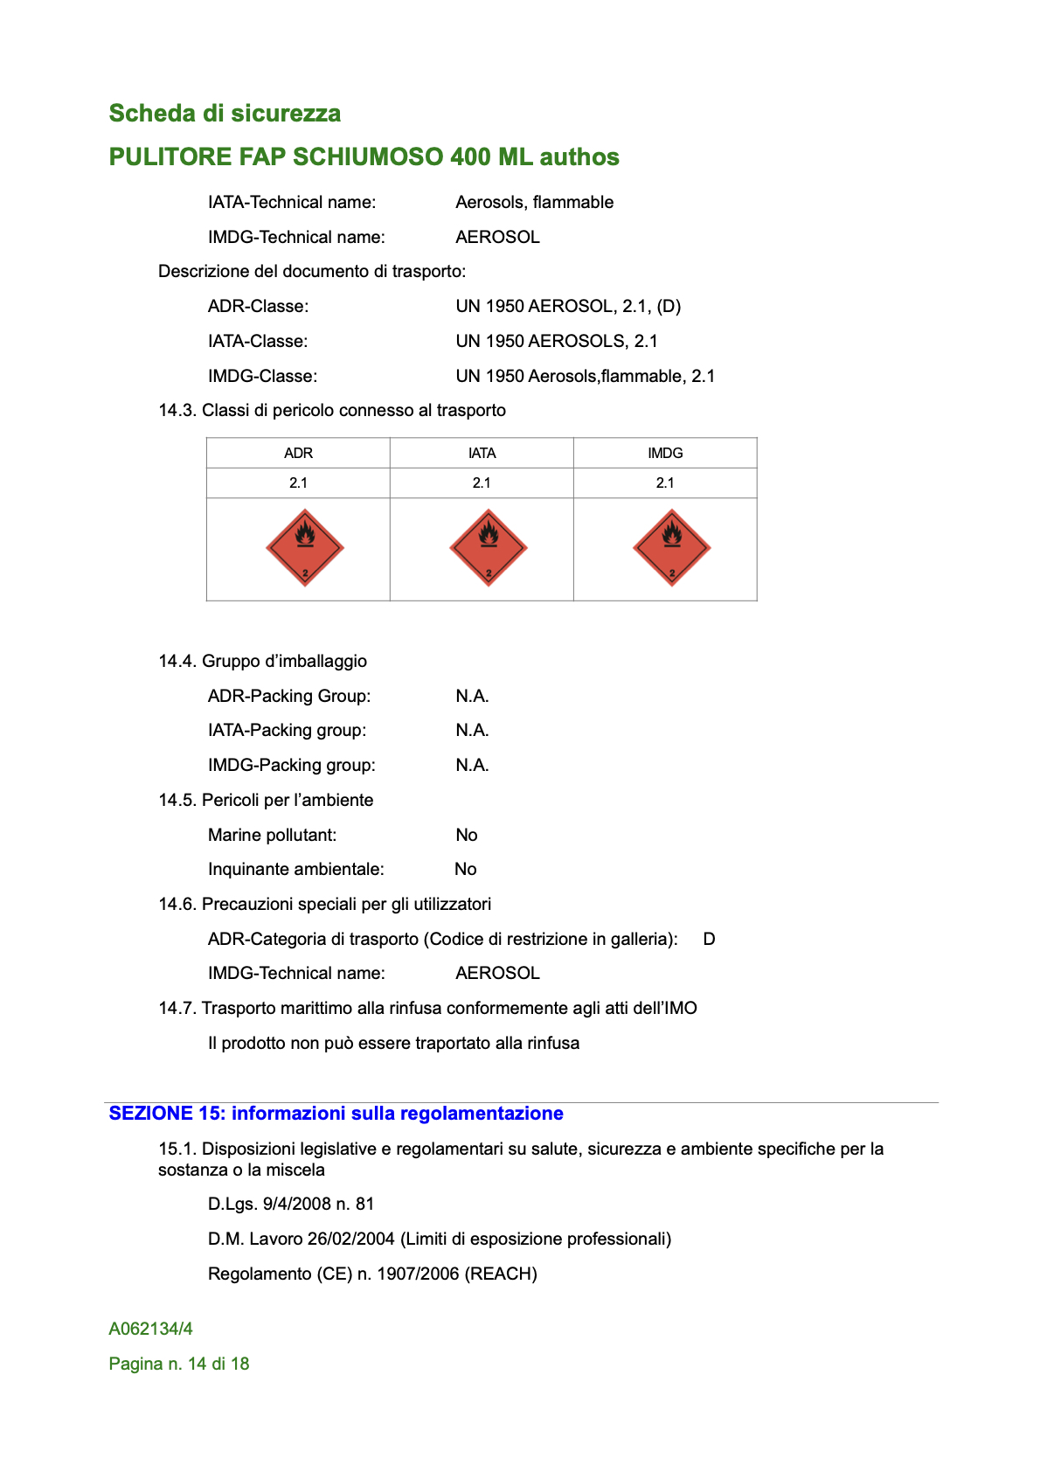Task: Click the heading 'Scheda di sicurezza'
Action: click(225, 114)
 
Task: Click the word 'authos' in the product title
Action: click(579, 157)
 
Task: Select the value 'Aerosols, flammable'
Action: click(534, 203)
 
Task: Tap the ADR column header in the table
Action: click(298, 453)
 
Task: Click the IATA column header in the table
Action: click(482, 453)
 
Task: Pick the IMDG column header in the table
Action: click(665, 453)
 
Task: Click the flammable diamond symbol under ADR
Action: click(305, 548)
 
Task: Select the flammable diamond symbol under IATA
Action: click(489, 548)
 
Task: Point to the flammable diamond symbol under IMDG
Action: click(672, 548)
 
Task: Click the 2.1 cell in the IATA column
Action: click(482, 483)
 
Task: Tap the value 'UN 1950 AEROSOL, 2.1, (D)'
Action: click(568, 307)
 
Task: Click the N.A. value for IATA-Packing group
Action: click(472, 731)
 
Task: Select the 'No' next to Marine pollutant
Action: click(467, 836)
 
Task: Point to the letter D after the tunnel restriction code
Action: click(709, 940)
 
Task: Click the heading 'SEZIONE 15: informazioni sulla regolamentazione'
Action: click(336, 1114)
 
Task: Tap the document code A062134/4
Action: click(150, 1330)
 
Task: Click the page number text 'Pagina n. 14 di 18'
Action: click(179, 1364)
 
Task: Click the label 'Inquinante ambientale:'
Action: click(295, 870)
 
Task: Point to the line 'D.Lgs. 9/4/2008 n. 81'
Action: click(291, 1205)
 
